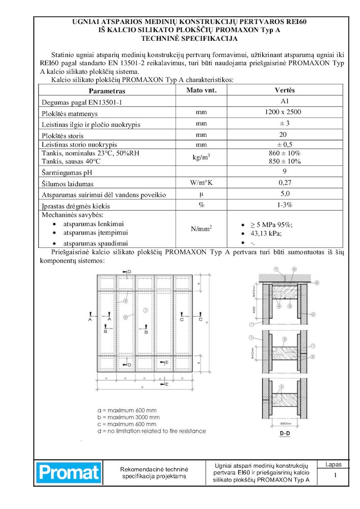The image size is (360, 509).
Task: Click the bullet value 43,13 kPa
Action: click(266, 234)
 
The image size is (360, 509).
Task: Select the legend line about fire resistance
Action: click(151, 431)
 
